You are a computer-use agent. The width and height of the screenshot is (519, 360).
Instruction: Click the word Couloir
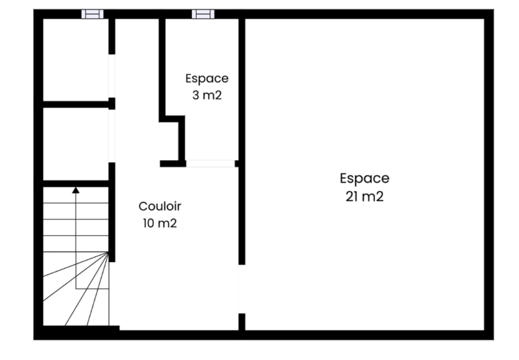coord(160,206)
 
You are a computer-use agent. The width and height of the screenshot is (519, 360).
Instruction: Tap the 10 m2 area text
coord(160,223)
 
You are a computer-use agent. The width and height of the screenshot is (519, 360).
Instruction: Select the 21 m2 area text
coord(364,197)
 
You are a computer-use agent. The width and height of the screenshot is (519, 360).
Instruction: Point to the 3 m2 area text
coord(207,95)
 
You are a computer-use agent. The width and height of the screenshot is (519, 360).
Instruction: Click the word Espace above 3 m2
coord(207,79)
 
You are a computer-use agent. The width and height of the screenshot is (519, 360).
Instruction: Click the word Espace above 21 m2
coord(364,178)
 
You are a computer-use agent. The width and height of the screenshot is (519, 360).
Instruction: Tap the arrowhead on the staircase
coord(76,190)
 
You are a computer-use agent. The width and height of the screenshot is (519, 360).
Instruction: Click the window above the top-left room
coord(93,14)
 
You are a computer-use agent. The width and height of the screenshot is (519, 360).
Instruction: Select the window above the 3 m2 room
coord(203,14)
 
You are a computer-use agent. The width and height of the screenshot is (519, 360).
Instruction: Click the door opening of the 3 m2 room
coord(211,163)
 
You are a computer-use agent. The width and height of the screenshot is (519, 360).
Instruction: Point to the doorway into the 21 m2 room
coord(242,289)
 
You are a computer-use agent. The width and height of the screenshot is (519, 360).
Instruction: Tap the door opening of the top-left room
coord(112,76)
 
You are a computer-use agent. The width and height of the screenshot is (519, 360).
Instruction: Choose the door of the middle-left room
coord(112,136)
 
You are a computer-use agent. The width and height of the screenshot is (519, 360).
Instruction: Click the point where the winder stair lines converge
coord(108,252)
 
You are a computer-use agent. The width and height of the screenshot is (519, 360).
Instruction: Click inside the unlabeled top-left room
coord(76,59)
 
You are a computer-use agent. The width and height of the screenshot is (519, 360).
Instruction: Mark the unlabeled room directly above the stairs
coord(76,144)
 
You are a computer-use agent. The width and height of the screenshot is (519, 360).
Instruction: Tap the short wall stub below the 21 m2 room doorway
coord(242,322)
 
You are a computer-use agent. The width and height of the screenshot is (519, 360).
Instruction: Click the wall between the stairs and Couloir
coord(112,212)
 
